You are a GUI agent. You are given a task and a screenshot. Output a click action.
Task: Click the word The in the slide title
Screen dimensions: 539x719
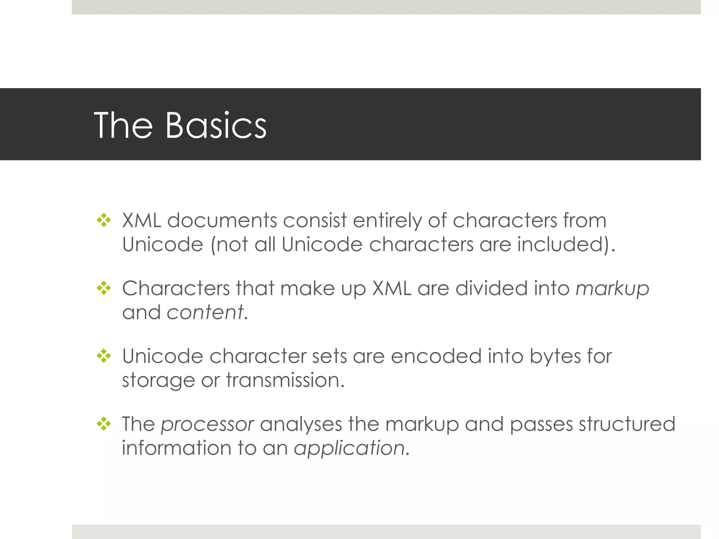(123, 125)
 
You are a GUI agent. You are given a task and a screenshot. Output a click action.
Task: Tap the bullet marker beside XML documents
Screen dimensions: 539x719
(104, 221)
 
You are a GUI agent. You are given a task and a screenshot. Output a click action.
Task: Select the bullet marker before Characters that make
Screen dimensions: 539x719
(104, 288)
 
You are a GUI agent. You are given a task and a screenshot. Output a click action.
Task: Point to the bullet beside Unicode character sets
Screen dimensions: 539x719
(104, 356)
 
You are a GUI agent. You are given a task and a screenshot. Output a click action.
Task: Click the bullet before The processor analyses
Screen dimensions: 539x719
(104, 424)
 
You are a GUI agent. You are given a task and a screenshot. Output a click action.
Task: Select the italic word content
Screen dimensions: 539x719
(205, 312)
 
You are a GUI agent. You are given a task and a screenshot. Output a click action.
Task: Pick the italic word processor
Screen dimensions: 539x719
(207, 425)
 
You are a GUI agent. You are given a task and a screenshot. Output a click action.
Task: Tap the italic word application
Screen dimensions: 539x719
(349, 448)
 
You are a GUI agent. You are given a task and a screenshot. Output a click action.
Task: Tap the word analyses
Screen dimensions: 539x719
(301, 425)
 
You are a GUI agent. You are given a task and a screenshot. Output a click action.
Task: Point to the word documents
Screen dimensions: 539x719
(222, 221)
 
